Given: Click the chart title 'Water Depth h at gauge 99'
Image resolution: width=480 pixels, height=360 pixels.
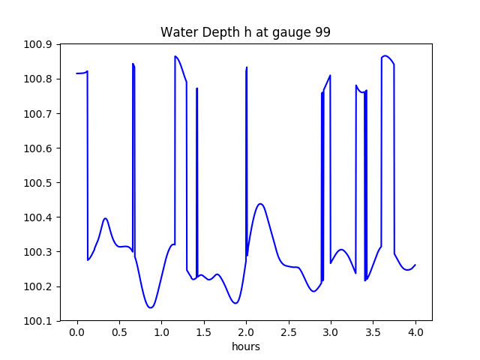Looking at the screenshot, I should coord(245,32).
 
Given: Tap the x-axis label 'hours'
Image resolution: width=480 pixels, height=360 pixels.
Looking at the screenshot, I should coord(245,347).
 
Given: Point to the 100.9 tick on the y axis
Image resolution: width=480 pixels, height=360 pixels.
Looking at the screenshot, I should coord(40,44).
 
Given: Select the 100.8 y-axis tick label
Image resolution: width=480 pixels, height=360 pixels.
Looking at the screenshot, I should coord(40,79).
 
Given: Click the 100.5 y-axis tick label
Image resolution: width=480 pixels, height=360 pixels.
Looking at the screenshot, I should coord(40,183).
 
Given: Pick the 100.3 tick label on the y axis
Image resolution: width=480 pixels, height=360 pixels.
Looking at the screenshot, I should coord(40,252).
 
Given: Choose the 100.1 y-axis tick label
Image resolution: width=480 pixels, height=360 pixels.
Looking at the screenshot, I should coord(40,321).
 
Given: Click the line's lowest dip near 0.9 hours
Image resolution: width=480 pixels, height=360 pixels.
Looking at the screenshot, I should coord(151,307).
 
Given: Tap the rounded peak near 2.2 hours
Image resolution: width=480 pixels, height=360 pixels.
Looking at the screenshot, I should coord(260,204).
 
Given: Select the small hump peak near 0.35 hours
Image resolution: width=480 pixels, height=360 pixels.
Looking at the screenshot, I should coord(106,218).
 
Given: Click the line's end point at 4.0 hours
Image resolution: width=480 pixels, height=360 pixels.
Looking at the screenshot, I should coord(415,264).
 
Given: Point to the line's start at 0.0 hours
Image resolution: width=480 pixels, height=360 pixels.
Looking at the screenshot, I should coord(76,73).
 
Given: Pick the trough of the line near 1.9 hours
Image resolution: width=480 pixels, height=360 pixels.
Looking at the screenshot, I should coord(235,303).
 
